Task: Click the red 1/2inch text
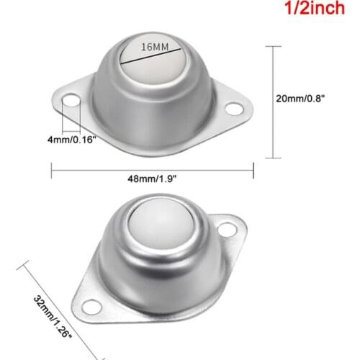315,12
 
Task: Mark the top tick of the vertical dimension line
272,46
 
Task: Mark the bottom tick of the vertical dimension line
272,157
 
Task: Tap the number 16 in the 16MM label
148,46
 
